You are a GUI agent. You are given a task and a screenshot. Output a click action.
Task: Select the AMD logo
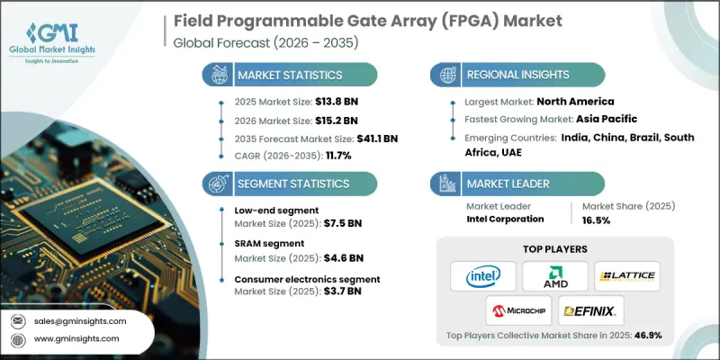(x=555, y=275)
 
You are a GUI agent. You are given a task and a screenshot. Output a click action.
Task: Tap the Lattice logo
(x=627, y=275)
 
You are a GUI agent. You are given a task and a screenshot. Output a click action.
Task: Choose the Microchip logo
(x=517, y=310)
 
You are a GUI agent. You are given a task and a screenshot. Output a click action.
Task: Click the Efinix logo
(x=589, y=310)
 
